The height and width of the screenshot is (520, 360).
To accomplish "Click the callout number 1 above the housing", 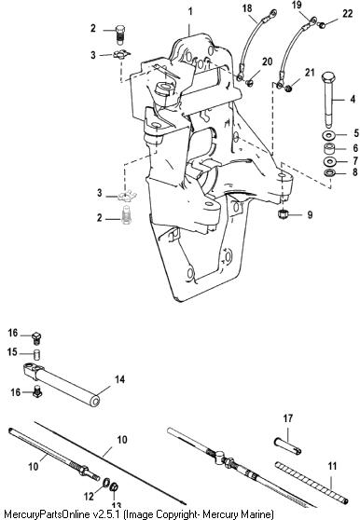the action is [190, 12].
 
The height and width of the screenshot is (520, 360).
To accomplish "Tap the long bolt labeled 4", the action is [328, 100].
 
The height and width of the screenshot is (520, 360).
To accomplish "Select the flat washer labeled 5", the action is [329, 135].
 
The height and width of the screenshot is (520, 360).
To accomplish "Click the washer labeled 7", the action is [329, 161].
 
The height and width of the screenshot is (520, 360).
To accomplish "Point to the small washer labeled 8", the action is [329, 172].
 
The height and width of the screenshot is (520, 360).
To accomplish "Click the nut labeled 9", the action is [283, 213].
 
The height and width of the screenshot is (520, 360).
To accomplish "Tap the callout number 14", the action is [119, 379].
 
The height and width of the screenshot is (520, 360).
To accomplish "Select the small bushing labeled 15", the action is [37, 354].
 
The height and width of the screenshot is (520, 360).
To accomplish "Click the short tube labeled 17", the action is [288, 445].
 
